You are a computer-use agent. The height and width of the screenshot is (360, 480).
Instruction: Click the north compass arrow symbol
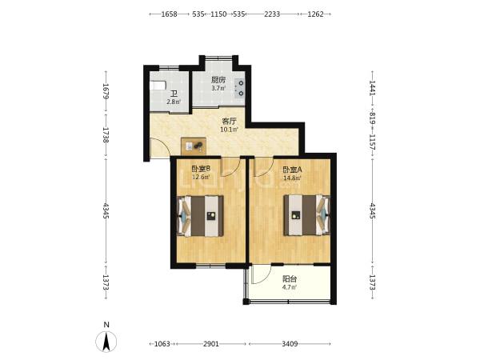106,342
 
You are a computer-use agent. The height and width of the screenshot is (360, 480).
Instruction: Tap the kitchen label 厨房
218,80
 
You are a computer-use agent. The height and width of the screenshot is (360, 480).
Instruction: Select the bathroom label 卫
174,94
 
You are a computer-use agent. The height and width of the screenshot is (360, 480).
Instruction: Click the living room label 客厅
229,122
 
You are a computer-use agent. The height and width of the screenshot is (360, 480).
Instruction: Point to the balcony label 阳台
290,279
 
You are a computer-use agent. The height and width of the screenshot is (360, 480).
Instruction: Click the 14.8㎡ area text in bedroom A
292,178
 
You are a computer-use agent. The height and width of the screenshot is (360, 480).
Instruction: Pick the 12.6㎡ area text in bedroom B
201,177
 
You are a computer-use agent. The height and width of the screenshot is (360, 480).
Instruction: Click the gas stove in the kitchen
239,87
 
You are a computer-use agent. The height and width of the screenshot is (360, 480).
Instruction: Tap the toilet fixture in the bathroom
158,85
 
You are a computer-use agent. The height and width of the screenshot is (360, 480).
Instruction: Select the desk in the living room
194,146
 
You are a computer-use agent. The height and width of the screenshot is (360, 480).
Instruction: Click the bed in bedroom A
307,215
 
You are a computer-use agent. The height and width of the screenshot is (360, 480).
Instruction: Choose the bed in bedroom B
200,216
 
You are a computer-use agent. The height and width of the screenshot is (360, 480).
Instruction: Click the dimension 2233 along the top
272,14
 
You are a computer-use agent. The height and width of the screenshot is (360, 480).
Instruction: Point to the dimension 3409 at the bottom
290,344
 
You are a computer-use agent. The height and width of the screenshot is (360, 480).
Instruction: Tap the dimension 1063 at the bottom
162,344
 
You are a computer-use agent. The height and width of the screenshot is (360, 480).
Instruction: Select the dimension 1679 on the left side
106,91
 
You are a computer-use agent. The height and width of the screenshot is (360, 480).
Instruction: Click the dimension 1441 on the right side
372,88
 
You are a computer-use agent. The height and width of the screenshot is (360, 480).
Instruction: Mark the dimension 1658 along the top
169,14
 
